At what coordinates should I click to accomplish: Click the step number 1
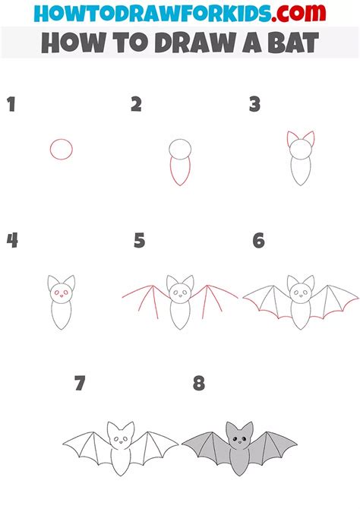11,105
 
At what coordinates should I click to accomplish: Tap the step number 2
136,105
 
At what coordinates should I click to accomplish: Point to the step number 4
11,241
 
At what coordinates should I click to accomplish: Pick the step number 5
139,241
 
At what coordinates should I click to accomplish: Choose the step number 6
258,241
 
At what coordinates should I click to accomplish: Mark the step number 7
80,384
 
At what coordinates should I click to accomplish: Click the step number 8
199,384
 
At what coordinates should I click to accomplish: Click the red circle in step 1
62,150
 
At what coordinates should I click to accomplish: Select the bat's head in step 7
120,437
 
